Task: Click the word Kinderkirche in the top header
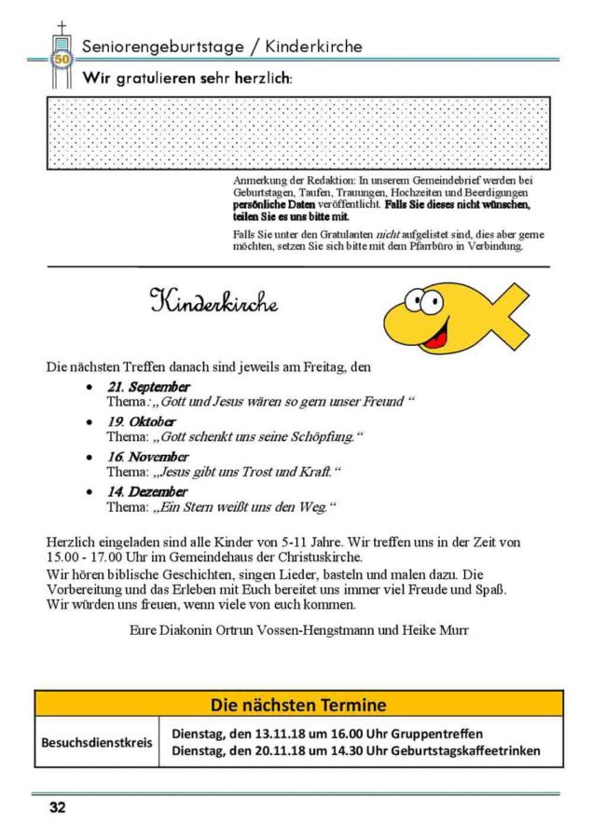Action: click(x=313, y=46)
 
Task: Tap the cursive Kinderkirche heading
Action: click(x=213, y=302)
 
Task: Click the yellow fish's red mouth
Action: click(x=436, y=336)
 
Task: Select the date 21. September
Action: click(x=149, y=387)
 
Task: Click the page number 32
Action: click(x=58, y=808)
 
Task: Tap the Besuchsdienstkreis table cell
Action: click(x=96, y=743)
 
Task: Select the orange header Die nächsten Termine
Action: click(x=298, y=704)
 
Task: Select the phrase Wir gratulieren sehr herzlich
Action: click(x=187, y=78)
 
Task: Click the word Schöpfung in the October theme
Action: click(x=322, y=436)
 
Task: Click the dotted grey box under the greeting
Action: click(x=298, y=133)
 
